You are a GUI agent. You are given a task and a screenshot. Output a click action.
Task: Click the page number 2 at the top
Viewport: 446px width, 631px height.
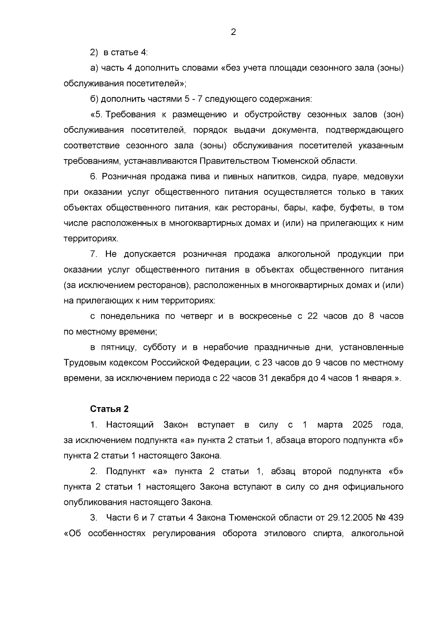point(233,32)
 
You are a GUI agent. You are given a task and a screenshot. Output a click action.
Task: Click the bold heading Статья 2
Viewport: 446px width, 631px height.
point(110,409)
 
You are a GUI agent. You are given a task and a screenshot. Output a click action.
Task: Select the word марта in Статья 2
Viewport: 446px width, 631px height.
point(330,425)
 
